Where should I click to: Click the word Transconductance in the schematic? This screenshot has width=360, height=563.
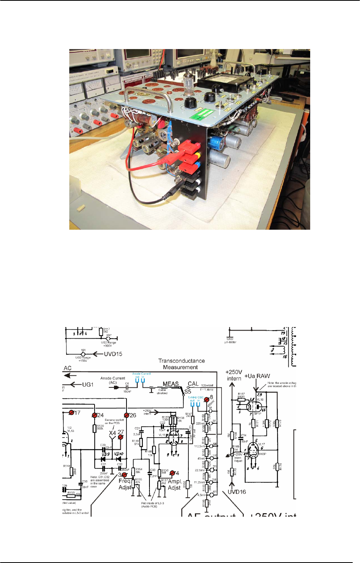click(181, 361)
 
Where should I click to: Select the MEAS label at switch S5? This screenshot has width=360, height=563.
click(170, 384)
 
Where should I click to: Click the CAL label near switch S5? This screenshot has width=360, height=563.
click(193, 384)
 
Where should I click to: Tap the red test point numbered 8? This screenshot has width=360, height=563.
click(207, 399)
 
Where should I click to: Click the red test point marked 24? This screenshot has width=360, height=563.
click(94, 415)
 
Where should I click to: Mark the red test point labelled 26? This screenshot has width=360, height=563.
click(126, 415)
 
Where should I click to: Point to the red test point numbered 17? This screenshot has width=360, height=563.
click(71, 412)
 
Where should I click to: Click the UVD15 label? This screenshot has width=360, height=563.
click(113, 354)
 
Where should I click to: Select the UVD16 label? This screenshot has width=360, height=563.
click(237, 492)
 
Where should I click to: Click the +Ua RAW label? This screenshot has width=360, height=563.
click(257, 376)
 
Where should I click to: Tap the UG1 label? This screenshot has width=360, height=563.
click(88, 384)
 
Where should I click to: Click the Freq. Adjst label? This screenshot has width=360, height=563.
click(125, 484)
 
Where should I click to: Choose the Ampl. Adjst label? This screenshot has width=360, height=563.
click(174, 484)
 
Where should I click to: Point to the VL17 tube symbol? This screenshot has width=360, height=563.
click(253, 452)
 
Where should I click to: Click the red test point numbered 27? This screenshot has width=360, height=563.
click(121, 437)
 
